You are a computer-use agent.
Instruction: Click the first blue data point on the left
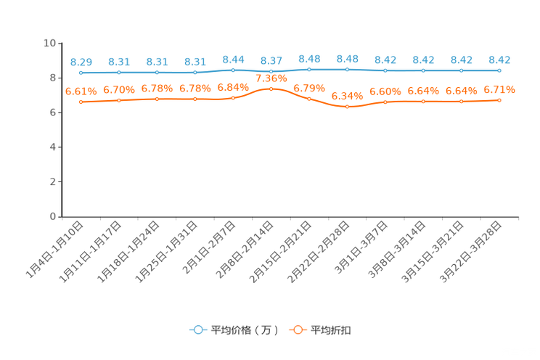(x=81, y=73)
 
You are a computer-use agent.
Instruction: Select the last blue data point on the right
(x=499, y=70)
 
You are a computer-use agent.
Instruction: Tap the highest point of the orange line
(x=271, y=89)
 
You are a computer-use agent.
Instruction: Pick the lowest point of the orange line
(x=348, y=107)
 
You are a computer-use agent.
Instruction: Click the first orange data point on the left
(x=81, y=102)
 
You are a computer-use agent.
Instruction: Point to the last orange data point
(x=499, y=100)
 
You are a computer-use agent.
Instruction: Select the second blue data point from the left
(x=119, y=73)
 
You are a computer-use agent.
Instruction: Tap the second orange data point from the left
(x=119, y=100)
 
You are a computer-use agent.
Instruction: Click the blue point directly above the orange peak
(x=271, y=71)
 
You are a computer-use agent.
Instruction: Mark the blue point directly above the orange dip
(x=348, y=70)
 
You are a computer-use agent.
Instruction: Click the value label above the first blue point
(x=81, y=62)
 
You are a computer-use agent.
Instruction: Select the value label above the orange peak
(x=271, y=78)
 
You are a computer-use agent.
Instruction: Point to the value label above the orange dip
(x=348, y=96)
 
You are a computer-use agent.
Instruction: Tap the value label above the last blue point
(x=499, y=60)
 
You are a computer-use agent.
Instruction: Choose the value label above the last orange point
(x=499, y=90)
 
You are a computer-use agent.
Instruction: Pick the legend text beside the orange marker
(x=331, y=330)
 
